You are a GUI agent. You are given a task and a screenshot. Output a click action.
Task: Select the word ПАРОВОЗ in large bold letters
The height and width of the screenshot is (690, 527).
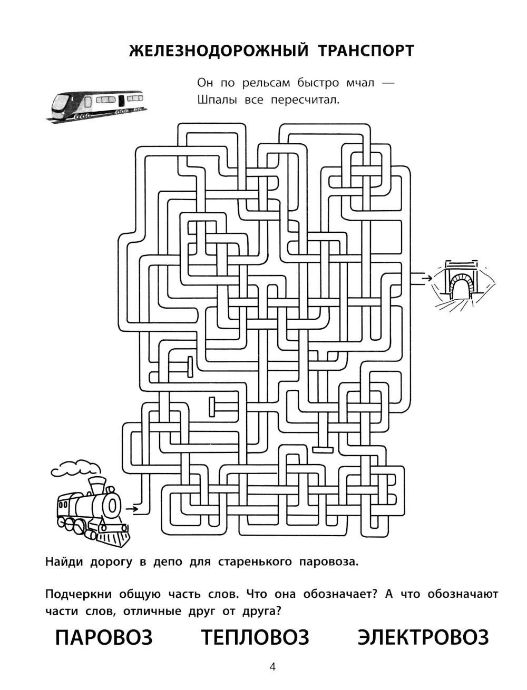click(104, 637)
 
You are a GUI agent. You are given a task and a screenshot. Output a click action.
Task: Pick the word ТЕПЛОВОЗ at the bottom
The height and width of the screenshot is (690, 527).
click(255, 637)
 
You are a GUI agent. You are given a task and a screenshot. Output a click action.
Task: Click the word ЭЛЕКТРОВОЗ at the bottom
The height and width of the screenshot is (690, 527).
click(423, 637)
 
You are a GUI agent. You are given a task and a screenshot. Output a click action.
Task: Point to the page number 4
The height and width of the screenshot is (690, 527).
click(272, 667)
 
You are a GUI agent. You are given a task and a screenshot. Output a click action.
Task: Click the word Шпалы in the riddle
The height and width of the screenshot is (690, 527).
click(215, 100)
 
